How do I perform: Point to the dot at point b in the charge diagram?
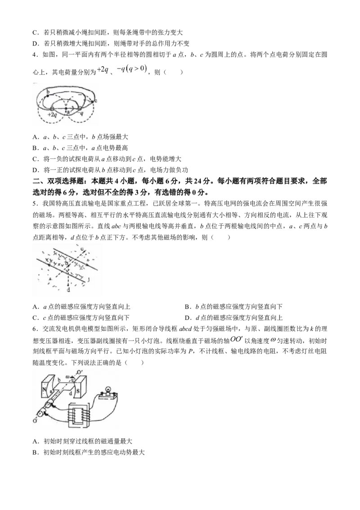48,96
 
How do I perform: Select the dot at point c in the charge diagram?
92,101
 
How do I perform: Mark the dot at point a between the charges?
66,109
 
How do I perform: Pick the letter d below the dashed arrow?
68,291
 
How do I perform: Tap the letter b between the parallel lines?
66,262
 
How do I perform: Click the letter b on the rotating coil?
58,381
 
